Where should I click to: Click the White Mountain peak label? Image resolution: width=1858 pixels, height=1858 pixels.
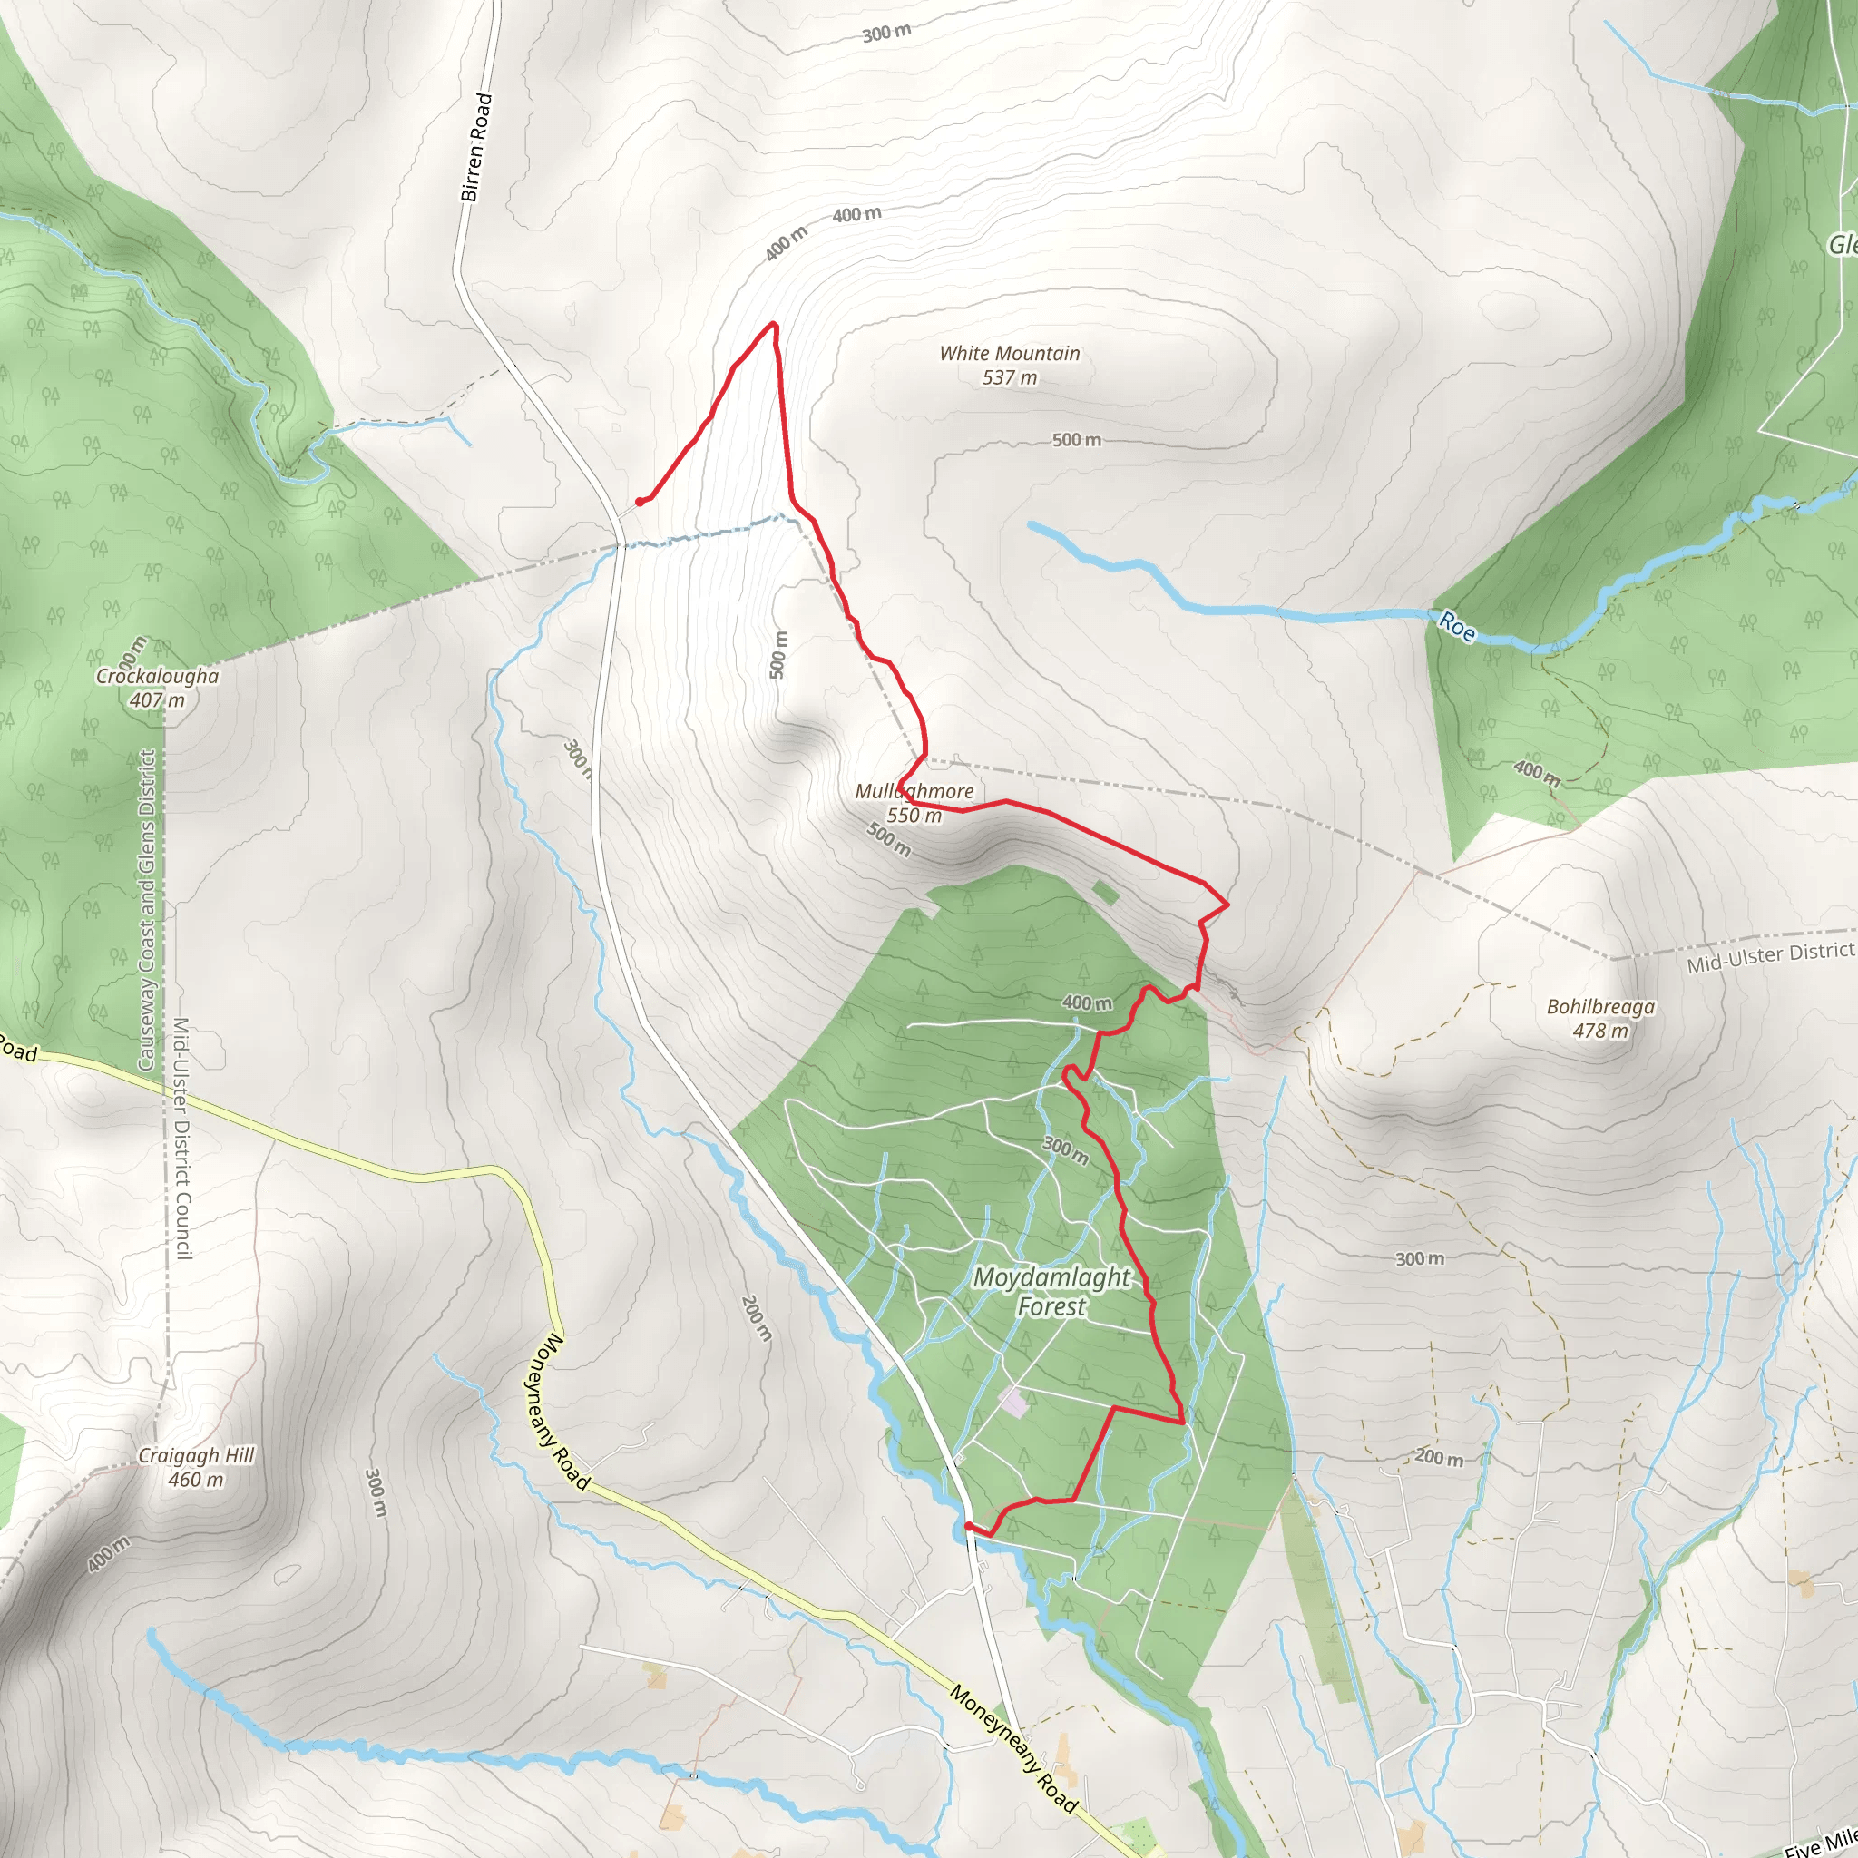1009,366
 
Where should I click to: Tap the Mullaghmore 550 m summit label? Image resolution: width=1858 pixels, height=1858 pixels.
914,803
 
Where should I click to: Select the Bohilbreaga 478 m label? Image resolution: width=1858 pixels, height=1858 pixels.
1600,1019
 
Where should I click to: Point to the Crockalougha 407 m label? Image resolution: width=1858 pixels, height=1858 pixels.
158,688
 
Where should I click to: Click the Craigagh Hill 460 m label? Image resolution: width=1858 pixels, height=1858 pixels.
196,1468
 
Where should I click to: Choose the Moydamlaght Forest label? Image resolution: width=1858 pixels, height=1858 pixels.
1051,1292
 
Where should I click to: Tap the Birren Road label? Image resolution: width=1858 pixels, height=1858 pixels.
476,147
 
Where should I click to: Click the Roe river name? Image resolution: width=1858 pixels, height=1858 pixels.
1457,627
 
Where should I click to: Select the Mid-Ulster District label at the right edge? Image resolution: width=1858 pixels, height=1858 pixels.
1769,958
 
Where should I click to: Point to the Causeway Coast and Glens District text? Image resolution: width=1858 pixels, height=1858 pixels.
146,910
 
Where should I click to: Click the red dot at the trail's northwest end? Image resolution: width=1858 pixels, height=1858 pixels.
640,501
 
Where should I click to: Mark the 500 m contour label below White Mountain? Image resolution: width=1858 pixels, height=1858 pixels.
1076,439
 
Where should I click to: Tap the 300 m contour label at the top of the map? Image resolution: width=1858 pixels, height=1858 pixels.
885,33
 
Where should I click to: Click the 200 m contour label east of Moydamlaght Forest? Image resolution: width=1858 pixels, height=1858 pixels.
1439,1458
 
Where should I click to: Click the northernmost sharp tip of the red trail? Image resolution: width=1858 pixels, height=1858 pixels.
773,324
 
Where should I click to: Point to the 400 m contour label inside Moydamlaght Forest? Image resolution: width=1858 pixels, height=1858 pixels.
1087,1003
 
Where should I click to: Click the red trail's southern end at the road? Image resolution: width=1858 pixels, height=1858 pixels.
967,1525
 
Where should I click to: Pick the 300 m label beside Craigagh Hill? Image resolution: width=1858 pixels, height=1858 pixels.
375,1492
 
